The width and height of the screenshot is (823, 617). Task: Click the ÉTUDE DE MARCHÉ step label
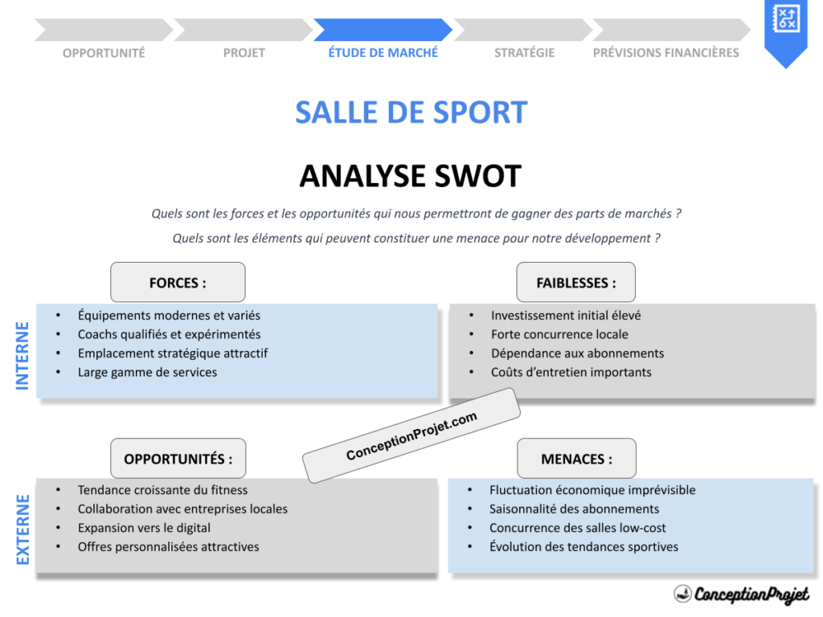tap(383, 52)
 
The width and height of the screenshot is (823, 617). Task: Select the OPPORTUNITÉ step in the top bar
tap(104, 53)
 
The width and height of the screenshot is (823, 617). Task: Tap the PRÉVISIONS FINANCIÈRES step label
tap(665, 52)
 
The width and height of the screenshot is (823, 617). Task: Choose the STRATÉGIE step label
tap(524, 52)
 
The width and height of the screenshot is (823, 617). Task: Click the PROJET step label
tap(244, 53)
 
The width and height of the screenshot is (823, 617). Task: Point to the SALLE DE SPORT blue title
tap(411, 112)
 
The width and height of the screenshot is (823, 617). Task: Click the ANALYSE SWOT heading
tap(410, 176)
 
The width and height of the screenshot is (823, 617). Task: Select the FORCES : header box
tap(178, 282)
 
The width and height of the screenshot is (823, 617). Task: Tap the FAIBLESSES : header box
tap(575, 282)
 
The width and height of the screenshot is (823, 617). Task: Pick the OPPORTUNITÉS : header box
tap(178, 459)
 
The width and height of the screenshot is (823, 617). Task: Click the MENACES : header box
tap(576, 459)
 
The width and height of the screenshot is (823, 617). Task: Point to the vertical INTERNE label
tap(23, 355)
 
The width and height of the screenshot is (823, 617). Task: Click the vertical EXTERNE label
tap(23, 529)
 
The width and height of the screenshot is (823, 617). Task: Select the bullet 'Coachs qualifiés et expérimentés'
tap(169, 334)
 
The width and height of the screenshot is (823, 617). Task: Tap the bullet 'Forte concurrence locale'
tap(559, 334)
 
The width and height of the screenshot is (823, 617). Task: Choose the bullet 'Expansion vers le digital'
tap(144, 528)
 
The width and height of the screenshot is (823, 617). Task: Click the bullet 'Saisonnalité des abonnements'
tap(574, 509)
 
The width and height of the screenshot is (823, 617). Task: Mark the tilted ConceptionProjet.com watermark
tap(411, 436)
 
